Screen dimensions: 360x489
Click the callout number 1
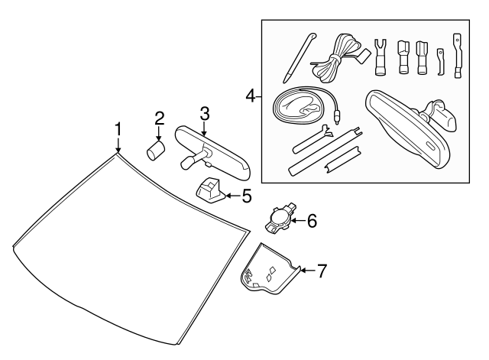118,127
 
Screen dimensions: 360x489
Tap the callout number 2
159,118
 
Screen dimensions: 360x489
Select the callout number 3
204,113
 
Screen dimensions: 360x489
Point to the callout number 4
249,97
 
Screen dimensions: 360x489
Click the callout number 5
246,196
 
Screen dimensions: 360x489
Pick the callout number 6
311,222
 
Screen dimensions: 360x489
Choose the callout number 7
322,270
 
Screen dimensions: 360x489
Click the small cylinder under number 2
157,148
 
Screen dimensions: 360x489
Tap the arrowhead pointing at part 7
302,270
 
